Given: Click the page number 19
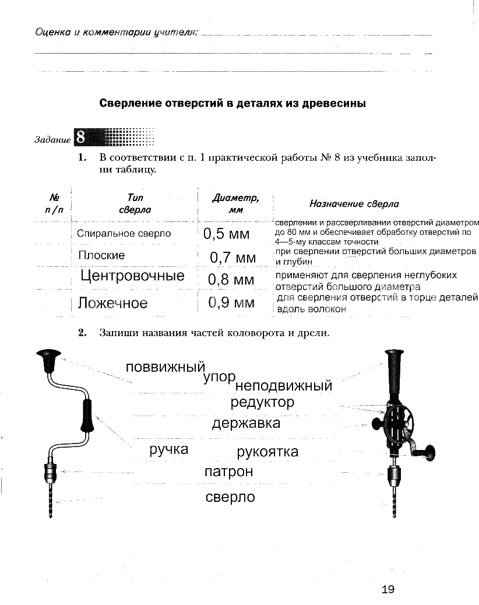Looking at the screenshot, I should click(x=388, y=589).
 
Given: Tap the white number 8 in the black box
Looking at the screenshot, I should click(x=80, y=138).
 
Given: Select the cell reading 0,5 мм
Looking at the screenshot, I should click(x=227, y=234).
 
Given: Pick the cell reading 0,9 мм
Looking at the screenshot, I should click(x=231, y=302).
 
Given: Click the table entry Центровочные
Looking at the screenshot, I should click(x=132, y=276).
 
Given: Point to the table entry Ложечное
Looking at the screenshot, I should click(x=112, y=303).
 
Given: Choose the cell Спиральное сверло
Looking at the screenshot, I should click(x=124, y=233).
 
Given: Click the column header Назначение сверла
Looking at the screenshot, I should click(x=354, y=204).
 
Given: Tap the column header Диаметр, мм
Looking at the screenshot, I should click(x=235, y=203).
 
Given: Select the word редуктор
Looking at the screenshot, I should click(x=262, y=402).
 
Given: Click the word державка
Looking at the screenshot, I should click(x=246, y=423).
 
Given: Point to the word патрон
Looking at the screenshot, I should click(x=228, y=471).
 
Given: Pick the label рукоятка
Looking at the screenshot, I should click(x=267, y=452).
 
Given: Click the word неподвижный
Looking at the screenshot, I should click(x=284, y=385).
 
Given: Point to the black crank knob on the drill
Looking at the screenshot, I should click(x=431, y=453).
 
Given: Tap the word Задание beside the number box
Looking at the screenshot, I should click(x=52, y=140).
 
